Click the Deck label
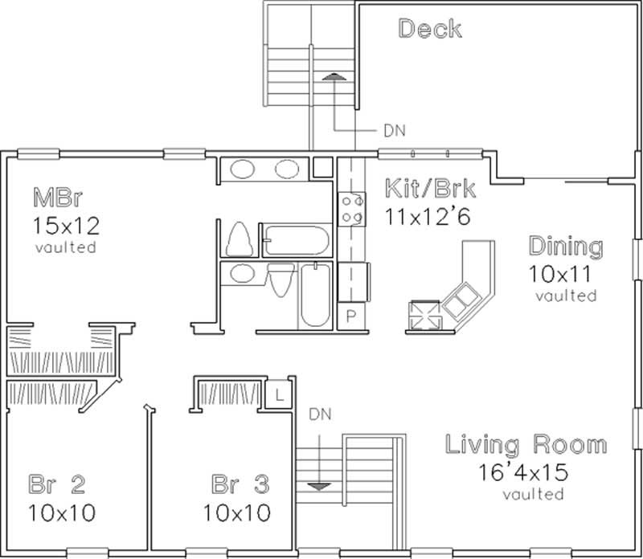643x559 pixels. tap(430, 30)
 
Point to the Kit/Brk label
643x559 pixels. tap(430, 190)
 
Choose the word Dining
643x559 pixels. tap(565, 246)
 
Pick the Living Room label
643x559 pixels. tap(526, 444)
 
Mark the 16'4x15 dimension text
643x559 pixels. tap(526, 471)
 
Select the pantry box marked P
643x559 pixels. tap(350, 316)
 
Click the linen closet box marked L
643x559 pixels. tap(277, 394)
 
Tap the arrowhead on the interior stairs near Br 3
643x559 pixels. tap(319, 485)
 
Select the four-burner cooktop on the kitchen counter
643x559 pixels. tap(350, 207)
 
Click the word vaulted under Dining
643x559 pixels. tap(566, 296)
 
